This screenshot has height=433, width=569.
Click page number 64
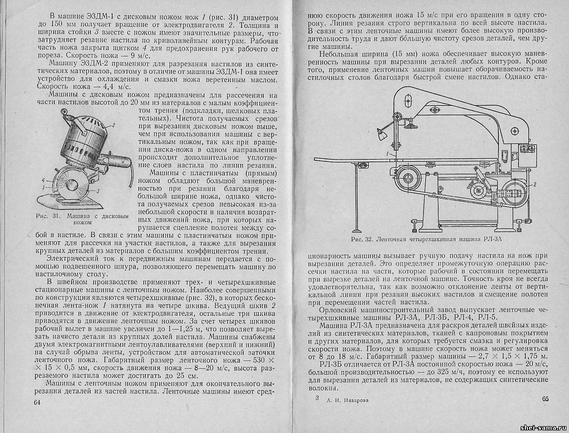click(37, 402)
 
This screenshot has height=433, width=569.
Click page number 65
click(545, 398)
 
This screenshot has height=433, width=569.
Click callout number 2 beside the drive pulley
click(534, 185)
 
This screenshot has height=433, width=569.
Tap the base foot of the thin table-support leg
click(357, 230)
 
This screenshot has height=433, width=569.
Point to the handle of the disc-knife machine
click(79, 122)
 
